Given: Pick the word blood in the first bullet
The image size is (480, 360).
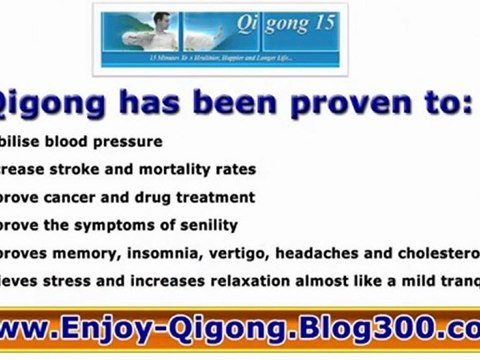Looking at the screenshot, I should click(x=76, y=142).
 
